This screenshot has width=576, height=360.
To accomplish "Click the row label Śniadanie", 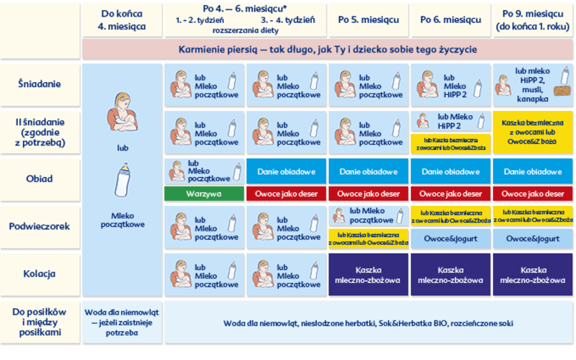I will (40, 84).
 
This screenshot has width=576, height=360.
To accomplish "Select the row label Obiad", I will (40, 179).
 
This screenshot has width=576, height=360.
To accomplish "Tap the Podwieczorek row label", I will (40, 226).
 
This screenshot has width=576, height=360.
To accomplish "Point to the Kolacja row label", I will (40, 274).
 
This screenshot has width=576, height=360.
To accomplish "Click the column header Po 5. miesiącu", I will (369, 19).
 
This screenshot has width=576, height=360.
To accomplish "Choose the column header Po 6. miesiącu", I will (451, 19).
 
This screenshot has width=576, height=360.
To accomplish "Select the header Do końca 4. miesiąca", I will (122, 19).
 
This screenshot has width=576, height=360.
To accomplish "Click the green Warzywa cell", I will (204, 194).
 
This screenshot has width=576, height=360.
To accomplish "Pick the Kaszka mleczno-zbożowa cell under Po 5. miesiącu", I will (369, 274).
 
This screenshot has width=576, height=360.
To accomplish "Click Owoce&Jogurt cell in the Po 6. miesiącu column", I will (451, 238).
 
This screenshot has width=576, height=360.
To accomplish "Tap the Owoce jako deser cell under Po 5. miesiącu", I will (369, 194).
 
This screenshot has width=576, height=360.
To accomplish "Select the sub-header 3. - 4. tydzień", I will (287, 21).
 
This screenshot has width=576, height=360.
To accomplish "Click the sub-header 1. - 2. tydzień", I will (204, 21).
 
